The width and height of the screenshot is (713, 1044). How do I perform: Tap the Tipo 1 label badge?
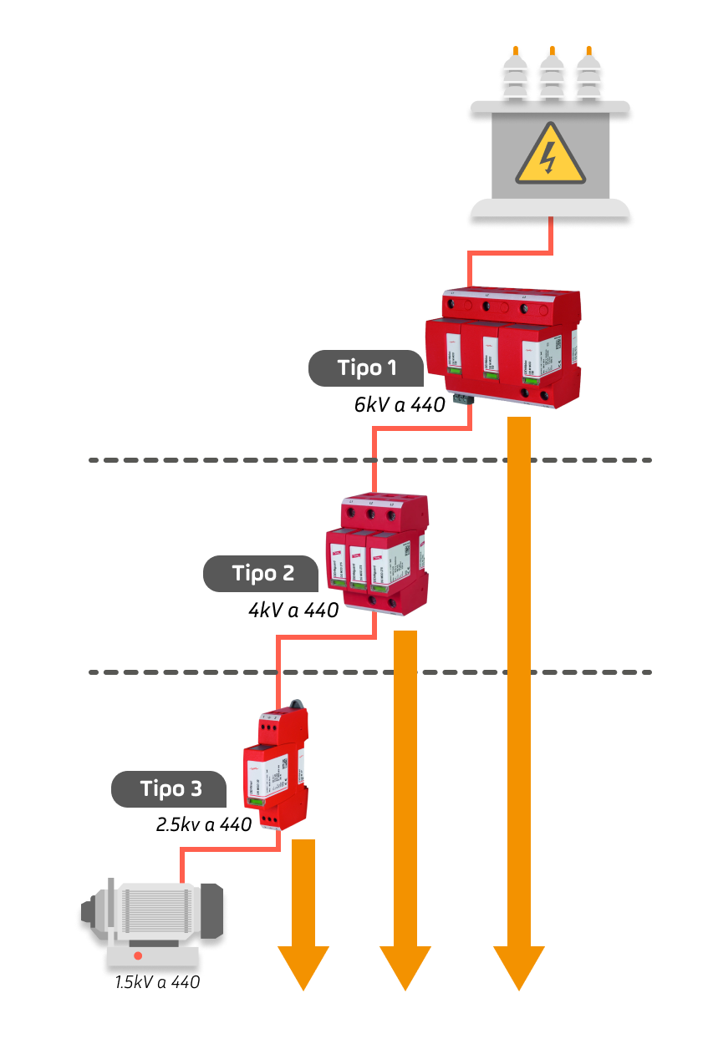366,368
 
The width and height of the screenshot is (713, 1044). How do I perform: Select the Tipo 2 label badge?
262,574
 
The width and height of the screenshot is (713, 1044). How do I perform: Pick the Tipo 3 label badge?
171,788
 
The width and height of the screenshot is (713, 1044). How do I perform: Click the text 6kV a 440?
400,406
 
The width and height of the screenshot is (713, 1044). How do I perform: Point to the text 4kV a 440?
293,611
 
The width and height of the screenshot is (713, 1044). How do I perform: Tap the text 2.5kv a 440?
204,825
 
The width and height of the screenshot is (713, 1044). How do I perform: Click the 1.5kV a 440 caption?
158,982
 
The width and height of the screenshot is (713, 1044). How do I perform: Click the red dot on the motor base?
138,955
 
